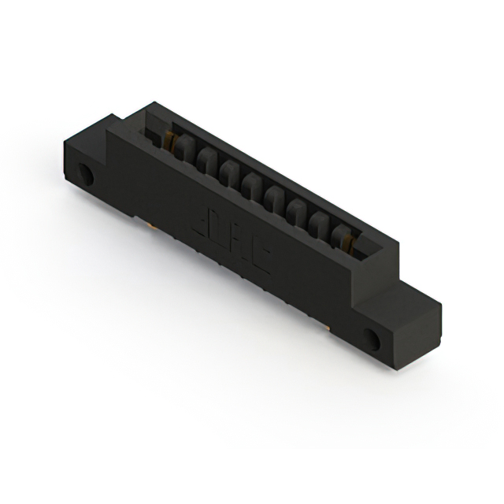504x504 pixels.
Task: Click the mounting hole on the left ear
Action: [x=86, y=175]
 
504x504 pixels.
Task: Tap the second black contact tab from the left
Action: [x=206, y=157]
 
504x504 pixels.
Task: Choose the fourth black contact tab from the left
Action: [x=252, y=183]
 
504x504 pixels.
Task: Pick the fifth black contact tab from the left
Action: [x=275, y=195]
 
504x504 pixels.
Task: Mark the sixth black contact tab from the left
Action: [x=298, y=208]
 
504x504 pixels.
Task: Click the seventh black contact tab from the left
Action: [x=321, y=220]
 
